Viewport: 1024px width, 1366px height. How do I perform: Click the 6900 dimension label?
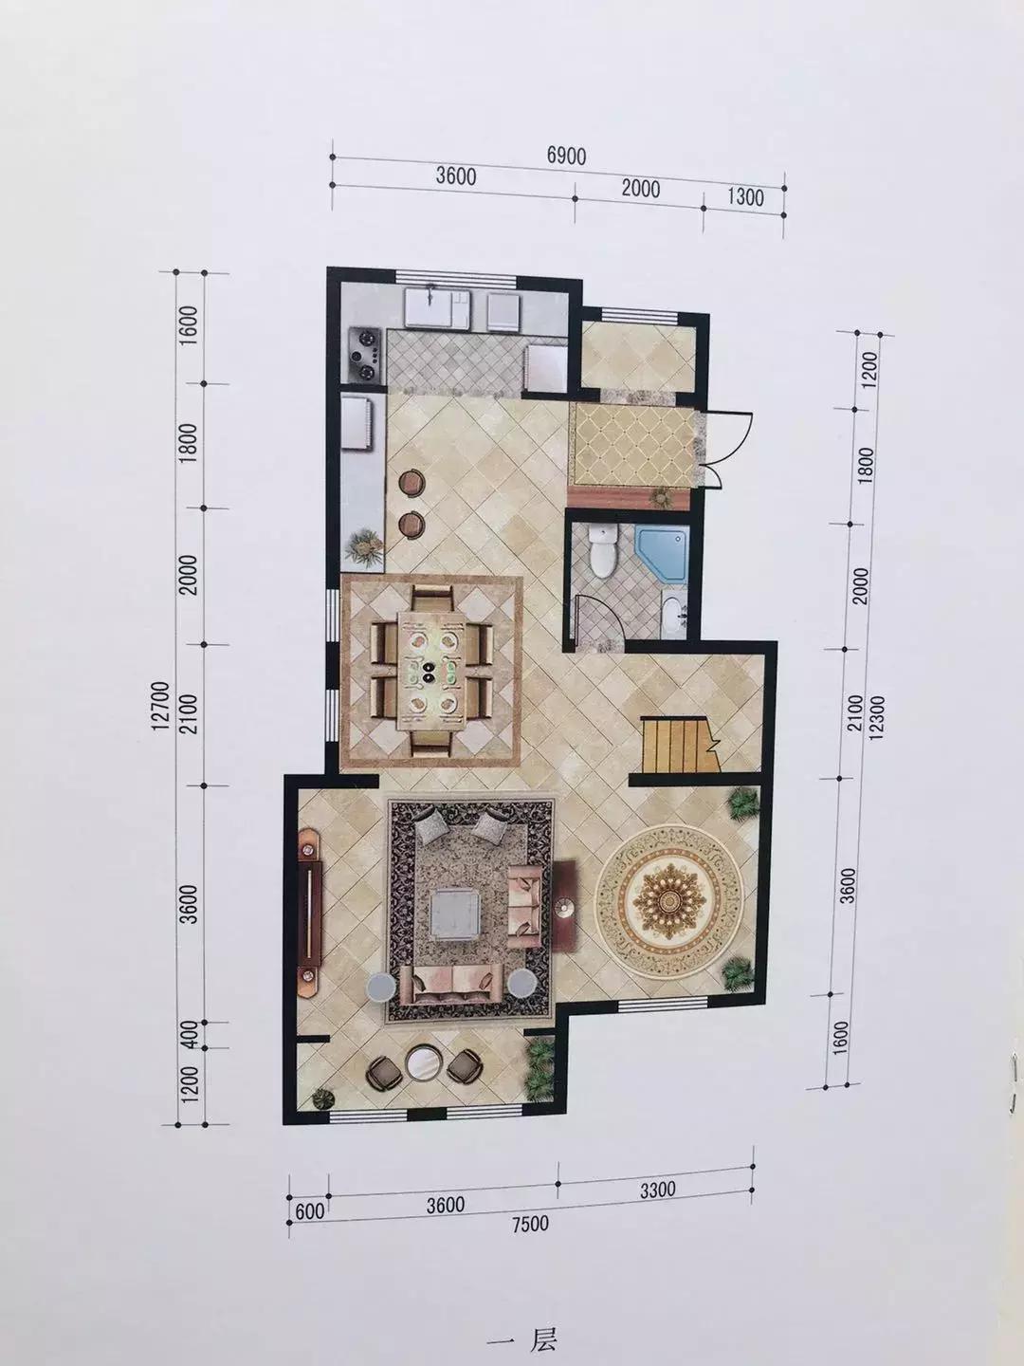pyautogui.click(x=566, y=156)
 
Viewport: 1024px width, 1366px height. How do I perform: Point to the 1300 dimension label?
pyautogui.click(x=745, y=197)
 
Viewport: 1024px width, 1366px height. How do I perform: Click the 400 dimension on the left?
pyautogui.click(x=192, y=1034)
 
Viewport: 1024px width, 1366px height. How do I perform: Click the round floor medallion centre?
pyautogui.click(x=669, y=900)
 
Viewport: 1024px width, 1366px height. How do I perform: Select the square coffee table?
pyautogui.click(x=458, y=914)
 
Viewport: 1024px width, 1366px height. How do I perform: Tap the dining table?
pyautogui.click(x=428, y=671)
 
